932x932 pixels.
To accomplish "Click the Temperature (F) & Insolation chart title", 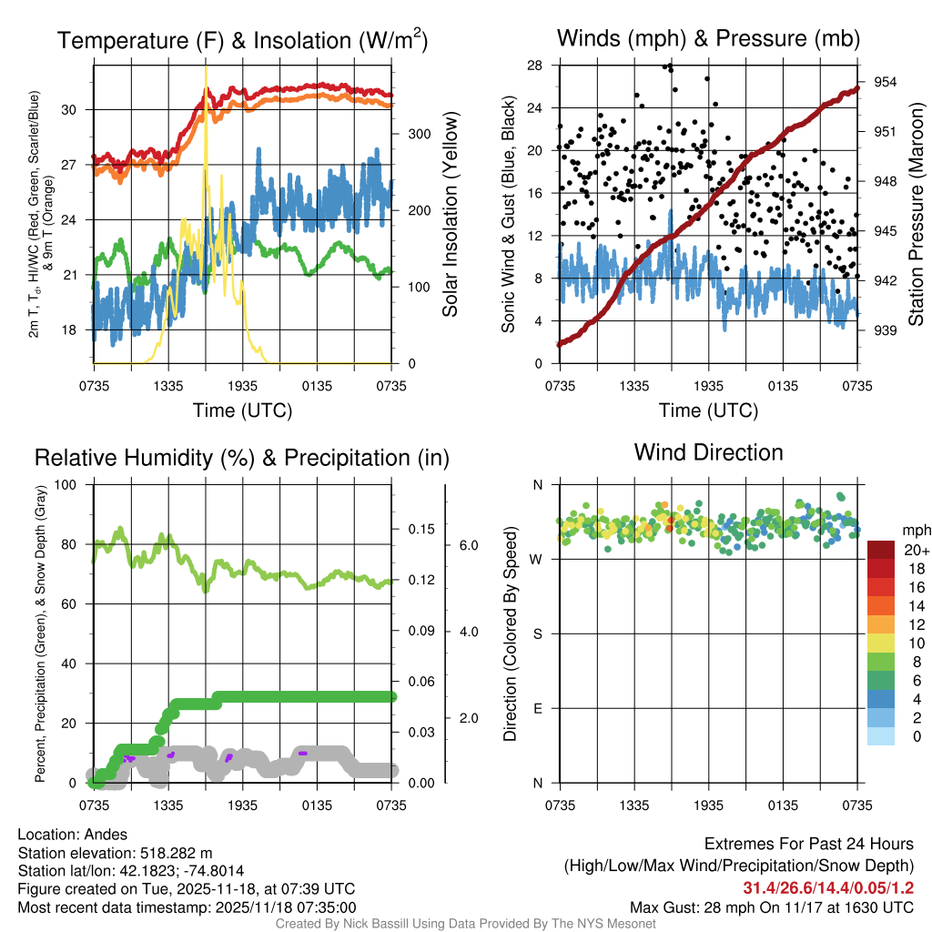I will (x=242, y=41).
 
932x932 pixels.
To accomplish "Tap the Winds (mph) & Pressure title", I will (x=708, y=39).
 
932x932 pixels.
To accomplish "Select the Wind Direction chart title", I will (x=708, y=452).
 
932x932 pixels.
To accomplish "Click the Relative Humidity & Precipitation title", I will (x=241, y=458).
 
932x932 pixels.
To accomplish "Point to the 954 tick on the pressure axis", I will (x=886, y=82).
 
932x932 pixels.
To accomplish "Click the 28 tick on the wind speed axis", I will (x=535, y=66).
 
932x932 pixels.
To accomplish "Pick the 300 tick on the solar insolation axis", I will (x=419, y=134).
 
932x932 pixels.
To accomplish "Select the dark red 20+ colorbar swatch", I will (x=881, y=551).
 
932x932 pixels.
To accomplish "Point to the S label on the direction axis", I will (x=537, y=633).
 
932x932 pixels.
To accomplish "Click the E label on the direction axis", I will (x=537, y=708).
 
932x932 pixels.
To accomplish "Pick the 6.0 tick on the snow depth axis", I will (x=469, y=545).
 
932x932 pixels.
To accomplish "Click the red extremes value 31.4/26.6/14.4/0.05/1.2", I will (x=828, y=887).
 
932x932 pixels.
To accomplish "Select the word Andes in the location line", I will (x=108, y=835).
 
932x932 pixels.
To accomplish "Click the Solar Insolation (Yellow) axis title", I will (x=450, y=215).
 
